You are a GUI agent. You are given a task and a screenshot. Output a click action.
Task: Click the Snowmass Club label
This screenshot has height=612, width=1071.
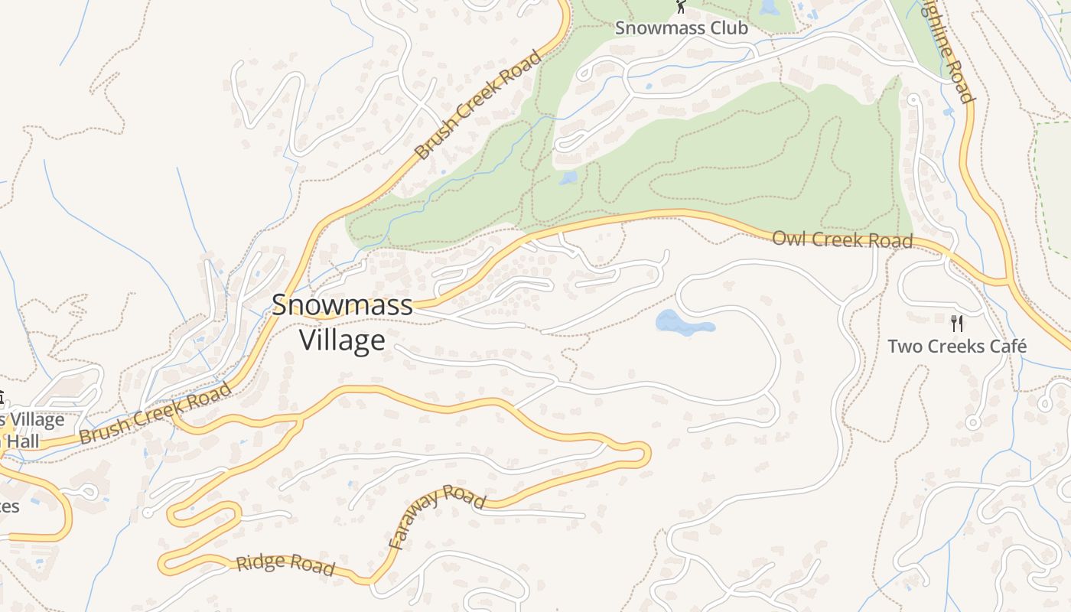coord(682,28)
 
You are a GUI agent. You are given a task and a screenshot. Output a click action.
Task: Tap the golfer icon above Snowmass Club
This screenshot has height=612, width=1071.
coord(680,7)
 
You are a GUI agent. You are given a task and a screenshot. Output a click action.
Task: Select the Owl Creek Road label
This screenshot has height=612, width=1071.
coord(842,239)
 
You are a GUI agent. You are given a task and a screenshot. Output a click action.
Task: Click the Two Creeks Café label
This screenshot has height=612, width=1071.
coord(956,347)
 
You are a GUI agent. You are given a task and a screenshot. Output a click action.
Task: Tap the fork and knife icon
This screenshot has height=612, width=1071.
coord(956,323)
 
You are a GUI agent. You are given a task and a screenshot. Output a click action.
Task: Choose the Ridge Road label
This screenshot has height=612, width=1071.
coord(285,564)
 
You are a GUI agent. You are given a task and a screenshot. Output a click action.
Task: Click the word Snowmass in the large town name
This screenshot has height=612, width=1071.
coord(342,305)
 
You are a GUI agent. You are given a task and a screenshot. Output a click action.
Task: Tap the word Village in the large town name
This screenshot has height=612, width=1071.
coord(342,340)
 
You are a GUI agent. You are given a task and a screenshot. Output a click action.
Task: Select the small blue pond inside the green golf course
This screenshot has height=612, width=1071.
coord(568,178)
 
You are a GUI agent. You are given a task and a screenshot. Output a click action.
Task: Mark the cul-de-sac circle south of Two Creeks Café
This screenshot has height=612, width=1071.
coord(972,422)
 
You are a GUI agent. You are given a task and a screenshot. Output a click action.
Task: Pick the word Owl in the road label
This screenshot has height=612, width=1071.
coord(788,238)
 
